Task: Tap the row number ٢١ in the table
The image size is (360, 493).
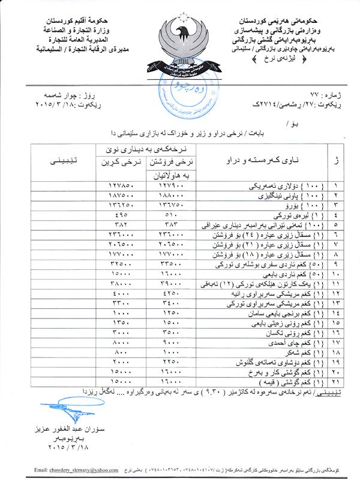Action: point(335,382)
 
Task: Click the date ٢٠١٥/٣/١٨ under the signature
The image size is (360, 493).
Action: point(59,447)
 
